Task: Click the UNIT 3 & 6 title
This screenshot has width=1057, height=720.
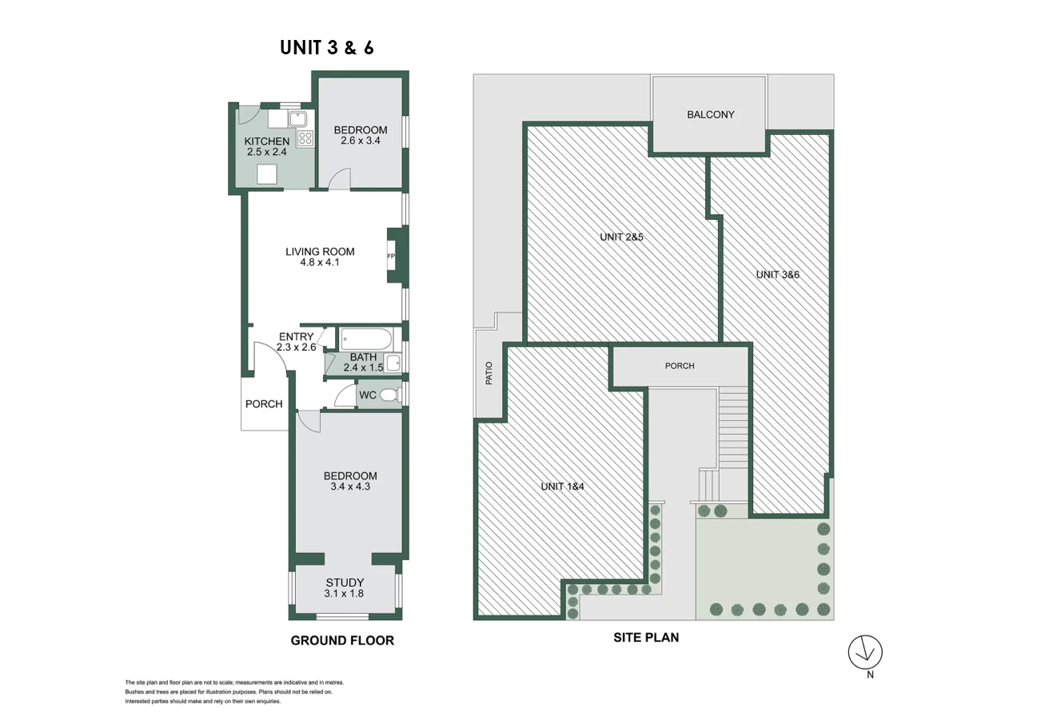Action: coord(326,48)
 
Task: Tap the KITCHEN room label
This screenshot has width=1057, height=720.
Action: coord(266,141)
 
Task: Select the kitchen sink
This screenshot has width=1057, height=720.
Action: coord(298,119)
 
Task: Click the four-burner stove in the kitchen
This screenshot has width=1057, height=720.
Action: coord(305,138)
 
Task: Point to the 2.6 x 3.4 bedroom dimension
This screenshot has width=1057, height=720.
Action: coord(360,141)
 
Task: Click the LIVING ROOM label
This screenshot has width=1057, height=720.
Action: coord(320,252)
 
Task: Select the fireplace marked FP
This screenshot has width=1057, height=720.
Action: coord(393,256)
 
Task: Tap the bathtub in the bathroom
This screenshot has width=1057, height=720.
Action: coord(364,339)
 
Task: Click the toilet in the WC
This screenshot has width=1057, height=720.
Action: coord(389,395)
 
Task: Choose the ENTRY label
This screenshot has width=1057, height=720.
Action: coord(296,336)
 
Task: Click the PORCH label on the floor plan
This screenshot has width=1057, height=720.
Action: coord(264,404)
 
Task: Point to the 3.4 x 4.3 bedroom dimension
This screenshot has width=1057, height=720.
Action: coord(350,486)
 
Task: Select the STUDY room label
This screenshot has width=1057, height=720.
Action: coord(345,583)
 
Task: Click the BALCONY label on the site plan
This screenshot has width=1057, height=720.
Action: coord(710,114)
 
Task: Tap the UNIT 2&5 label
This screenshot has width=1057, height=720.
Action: coord(621,237)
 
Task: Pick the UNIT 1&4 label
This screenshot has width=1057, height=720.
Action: coord(562,486)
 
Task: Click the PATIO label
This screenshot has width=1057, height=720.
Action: coord(489,374)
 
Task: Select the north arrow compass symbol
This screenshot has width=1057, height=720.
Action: coord(865,652)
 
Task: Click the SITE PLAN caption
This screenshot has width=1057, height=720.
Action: coord(645,638)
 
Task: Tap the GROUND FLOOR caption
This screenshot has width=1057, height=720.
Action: coord(341,640)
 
